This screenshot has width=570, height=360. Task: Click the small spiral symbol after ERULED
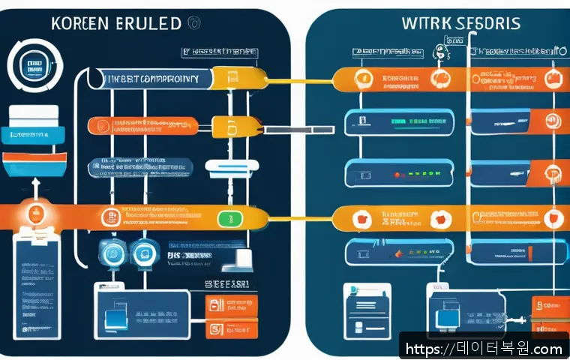point(194,22)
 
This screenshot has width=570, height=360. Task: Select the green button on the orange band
point(226,219)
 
